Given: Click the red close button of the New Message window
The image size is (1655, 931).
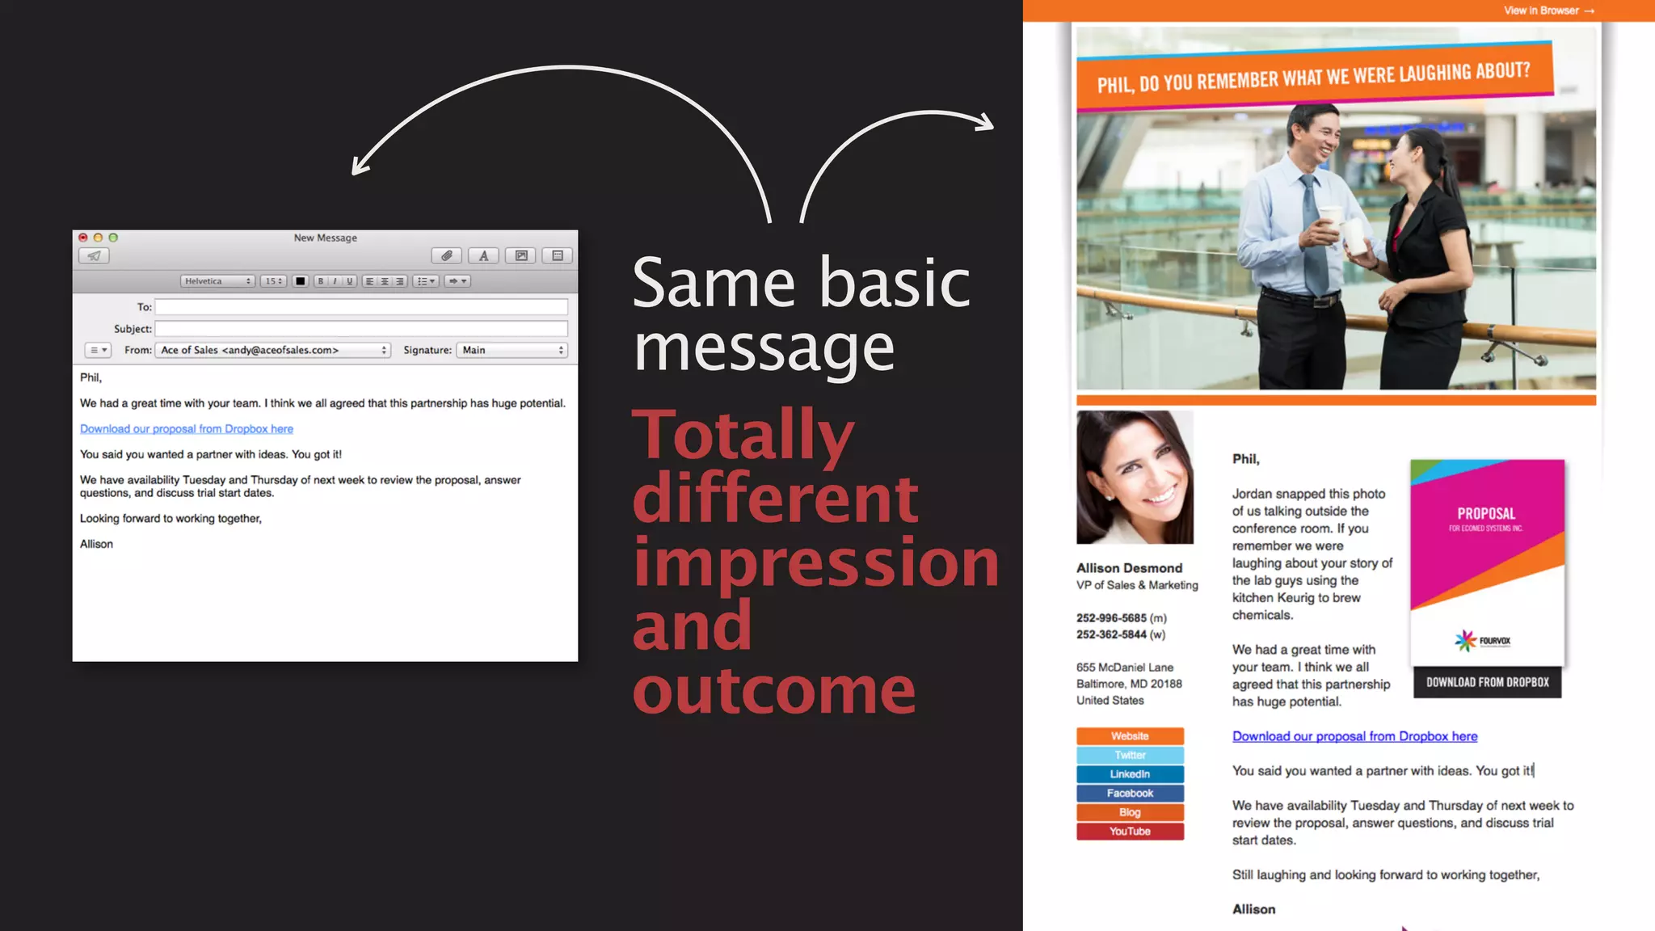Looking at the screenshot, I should point(82,238).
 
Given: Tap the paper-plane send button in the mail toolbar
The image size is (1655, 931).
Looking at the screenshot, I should point(95,256).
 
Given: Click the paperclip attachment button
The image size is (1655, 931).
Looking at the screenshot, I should point(446,256).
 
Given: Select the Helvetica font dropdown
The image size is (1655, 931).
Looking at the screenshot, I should point(217,281).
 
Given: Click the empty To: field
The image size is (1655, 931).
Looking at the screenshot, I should point(361,307).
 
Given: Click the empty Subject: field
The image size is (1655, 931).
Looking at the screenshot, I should point(361,329).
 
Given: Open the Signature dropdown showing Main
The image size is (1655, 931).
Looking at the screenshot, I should point(512,350).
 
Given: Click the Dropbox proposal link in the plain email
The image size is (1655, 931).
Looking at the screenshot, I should point(187,429).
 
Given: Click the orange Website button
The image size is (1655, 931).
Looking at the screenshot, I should point(1130,736).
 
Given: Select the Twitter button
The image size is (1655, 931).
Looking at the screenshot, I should point(1130,755).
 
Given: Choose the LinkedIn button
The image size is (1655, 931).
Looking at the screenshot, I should point(1130,774).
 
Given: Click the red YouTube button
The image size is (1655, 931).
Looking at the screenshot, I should point(1130,832).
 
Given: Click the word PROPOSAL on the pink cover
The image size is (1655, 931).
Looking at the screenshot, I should point(1486,514).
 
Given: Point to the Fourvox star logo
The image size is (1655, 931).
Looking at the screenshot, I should point(1466,641).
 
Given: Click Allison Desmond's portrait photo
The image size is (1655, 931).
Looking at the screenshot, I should point(1135,477).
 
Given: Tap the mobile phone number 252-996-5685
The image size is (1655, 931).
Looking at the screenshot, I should point(1111,618).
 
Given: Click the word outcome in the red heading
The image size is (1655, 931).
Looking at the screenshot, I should point(773,691).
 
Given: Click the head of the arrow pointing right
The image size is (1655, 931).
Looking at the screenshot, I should point(986,123).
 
